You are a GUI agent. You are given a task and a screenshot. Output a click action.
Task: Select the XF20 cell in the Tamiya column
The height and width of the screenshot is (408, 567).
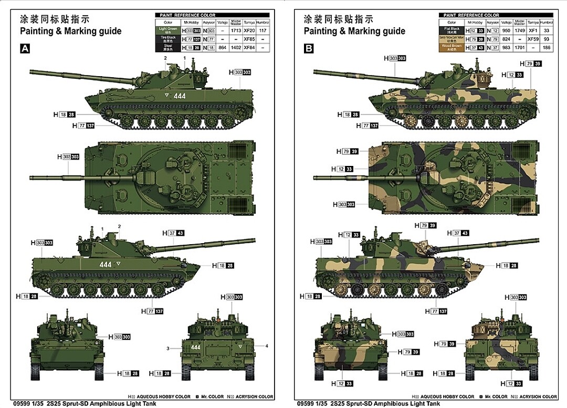tap(249, 31)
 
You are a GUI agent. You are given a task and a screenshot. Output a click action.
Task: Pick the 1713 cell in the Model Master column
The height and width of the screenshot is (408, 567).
tap(236, 31)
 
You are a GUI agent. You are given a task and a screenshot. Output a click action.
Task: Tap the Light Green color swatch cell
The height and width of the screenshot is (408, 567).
tap(168, 31)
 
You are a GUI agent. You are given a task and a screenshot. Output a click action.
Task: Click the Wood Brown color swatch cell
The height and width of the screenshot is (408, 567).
tap(451, 47)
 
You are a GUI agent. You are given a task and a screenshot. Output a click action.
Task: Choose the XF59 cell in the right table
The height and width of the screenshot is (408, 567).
tap(533, 39)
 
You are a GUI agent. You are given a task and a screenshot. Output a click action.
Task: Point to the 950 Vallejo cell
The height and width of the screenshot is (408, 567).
tap(506, 31)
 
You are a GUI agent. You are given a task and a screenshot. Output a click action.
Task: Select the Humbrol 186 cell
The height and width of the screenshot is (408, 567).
tap(547, 47)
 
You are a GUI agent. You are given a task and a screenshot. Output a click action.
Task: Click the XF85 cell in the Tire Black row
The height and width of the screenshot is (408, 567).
tap(249, 39)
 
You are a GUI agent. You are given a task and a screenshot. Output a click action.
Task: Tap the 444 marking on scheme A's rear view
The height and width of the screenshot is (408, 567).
tap(196, 347)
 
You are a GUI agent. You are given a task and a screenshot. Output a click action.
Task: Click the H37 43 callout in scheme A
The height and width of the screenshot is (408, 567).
tap(172, 233)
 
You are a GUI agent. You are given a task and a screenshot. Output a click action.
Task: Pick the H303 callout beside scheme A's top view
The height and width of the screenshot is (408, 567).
tap(69, 156)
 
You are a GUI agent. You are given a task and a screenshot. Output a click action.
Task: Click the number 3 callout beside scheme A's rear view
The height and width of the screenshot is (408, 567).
tap(168, 349)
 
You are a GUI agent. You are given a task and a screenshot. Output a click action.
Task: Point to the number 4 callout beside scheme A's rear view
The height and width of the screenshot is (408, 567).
tap(267, 346)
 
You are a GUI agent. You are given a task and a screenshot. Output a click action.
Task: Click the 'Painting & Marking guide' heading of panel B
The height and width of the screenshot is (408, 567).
tap(354, 31)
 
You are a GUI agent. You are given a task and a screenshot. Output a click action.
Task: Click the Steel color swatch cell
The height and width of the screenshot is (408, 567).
tap(168, 47)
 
